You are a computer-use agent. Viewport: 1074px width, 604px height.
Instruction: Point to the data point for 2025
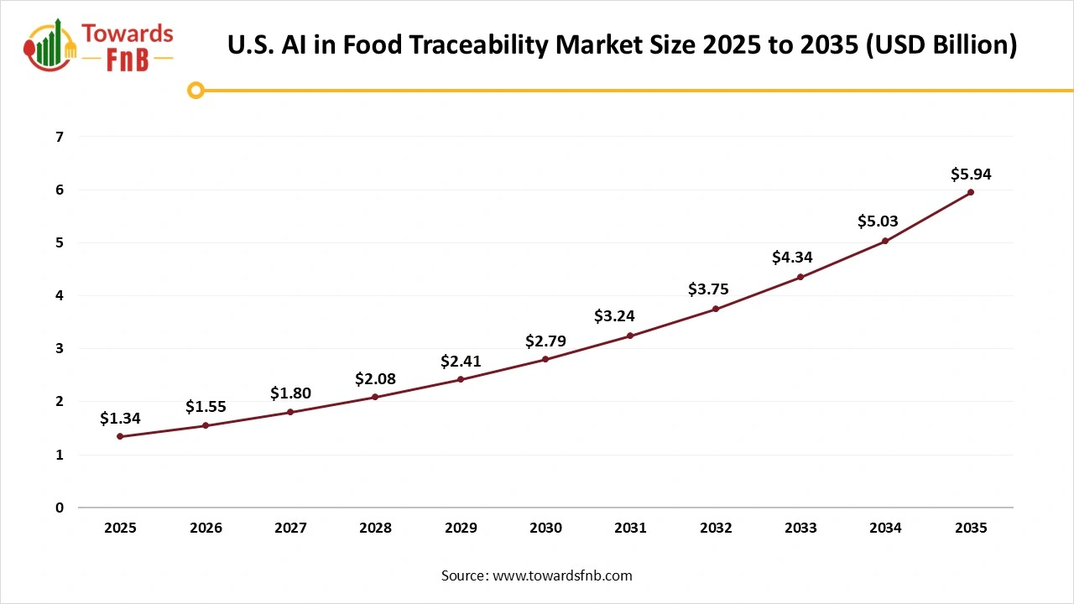[120, 436]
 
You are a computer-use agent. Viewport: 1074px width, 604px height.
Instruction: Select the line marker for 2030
[545, 359]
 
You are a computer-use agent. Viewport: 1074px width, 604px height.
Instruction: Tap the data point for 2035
[971, 192]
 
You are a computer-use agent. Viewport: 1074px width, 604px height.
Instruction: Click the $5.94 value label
[971, 174]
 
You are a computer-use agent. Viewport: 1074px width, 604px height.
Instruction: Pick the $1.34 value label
[120, 418]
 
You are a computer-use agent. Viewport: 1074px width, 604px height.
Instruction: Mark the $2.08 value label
[375, 379]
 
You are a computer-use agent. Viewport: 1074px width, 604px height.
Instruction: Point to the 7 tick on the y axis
[60, 137]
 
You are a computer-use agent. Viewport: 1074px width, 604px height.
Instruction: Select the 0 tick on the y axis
[60, 508]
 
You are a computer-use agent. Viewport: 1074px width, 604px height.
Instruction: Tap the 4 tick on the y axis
[60, 295]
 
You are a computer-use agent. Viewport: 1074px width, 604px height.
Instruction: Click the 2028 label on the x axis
[375, 528]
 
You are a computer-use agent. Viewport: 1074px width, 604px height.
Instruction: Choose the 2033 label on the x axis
[800, 528]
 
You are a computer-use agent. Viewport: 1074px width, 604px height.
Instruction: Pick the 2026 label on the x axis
[206, 528]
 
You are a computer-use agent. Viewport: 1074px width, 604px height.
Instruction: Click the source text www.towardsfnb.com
[561, 575]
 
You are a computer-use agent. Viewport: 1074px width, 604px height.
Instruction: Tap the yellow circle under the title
[196, 90]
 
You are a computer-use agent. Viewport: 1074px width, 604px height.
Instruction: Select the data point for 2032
[716, 309]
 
